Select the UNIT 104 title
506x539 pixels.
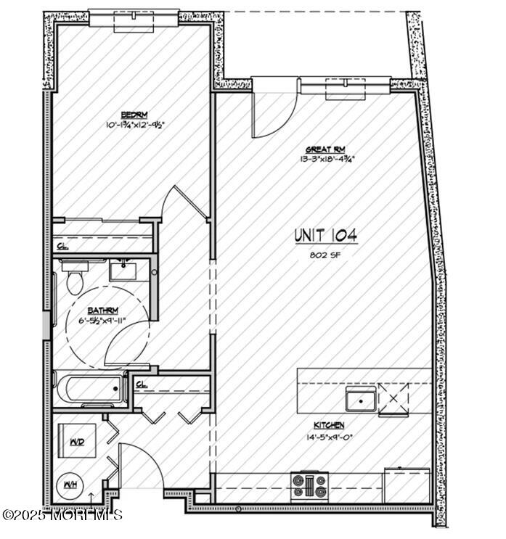click(325, 236)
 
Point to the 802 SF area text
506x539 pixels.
click(325, 255)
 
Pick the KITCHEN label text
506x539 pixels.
click(329, 425)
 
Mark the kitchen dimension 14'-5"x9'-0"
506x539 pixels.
click(330, 437)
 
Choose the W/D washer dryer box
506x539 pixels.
click(77, 441)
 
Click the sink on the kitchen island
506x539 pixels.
click(361, 400)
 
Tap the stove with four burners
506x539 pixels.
click(310, 485)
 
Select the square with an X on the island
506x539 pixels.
click(393, 400)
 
